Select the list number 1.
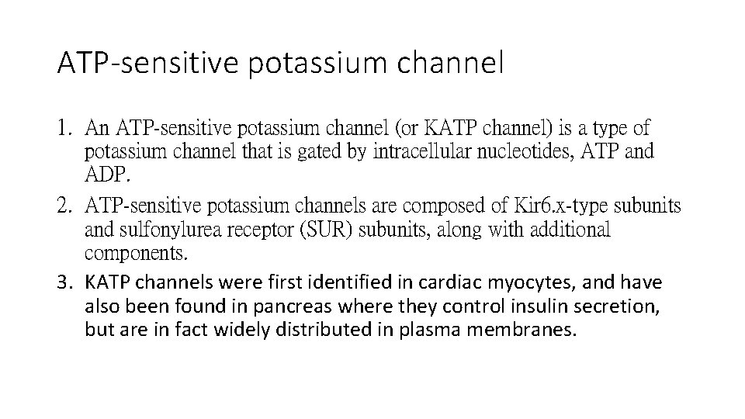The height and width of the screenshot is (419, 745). [65, 126]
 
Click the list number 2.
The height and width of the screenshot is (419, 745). [65, 206]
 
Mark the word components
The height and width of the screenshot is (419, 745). [135, 253]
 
